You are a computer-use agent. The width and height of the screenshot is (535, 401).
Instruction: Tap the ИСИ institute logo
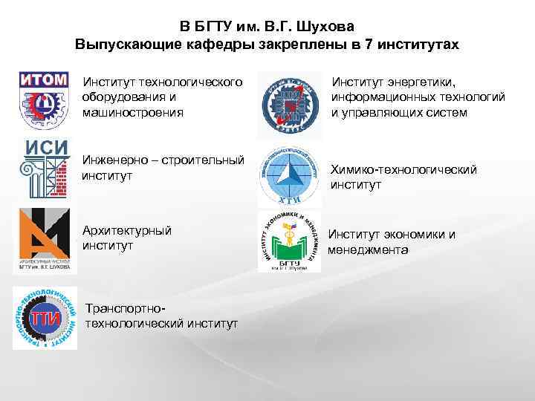45,168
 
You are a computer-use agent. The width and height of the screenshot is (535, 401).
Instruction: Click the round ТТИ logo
45,318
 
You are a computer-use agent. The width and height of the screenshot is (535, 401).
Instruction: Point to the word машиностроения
134,111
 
